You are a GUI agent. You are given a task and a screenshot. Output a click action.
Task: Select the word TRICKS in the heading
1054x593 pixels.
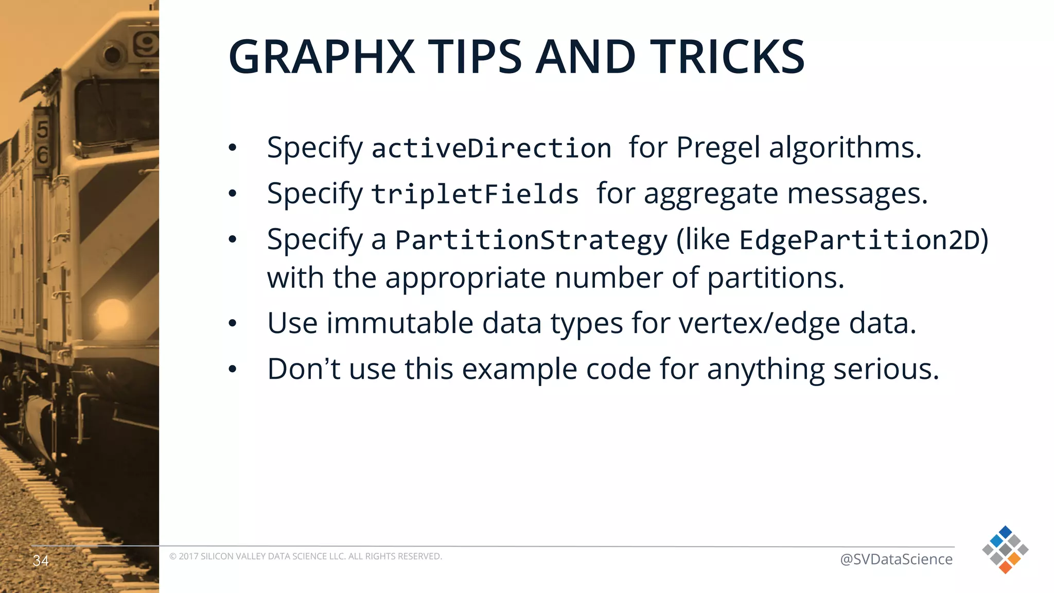(727, 57)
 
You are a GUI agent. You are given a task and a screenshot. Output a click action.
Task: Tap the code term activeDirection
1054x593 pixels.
(491, 148)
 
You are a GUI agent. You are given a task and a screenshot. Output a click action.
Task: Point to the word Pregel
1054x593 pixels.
(717, 148)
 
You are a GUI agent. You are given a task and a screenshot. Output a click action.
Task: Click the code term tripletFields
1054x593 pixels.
(475, 195)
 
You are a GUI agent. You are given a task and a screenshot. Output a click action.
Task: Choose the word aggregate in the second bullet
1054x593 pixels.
(711, 195)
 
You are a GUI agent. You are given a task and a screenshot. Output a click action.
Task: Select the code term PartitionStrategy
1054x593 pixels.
(531, 240)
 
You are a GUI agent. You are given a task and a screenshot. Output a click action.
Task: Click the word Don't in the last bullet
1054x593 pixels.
(304, 369)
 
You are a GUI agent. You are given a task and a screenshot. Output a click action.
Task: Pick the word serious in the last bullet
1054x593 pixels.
(886, 369)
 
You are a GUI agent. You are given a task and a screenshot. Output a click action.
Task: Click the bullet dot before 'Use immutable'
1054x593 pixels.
(233, 324)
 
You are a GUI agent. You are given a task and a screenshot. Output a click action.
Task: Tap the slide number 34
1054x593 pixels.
(41, 560)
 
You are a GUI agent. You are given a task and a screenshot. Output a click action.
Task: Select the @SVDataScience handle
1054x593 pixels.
(896, 559)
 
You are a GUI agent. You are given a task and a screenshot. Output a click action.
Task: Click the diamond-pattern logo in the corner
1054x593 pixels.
(1005, 550)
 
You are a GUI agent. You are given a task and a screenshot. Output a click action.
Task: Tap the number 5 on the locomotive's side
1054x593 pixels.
(43, 129)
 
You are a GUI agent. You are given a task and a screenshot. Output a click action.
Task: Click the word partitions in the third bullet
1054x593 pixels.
(776, 278)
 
